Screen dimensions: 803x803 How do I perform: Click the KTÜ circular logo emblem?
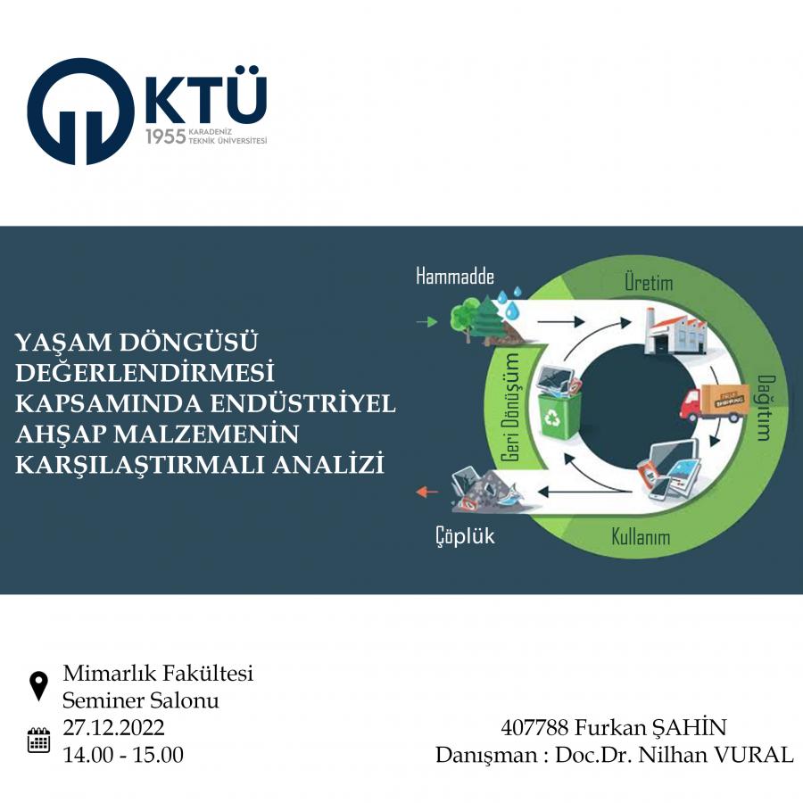click(81, 112)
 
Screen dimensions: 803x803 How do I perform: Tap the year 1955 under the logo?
click(165, 137)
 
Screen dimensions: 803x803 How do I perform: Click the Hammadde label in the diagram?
click(455, 277)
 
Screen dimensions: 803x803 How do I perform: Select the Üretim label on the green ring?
click(649, 282)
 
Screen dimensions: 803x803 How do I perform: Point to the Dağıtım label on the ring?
click(766, 408)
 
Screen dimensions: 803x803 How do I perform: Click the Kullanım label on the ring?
click(641, 537)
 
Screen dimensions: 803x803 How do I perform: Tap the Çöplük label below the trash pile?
click(465, 536)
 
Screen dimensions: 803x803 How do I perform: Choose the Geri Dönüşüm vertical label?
click(509, 407)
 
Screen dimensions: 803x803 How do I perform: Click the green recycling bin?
click(559, 415)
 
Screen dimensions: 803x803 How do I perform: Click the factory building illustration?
click(675, 331)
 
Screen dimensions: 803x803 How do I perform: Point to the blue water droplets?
click(509, 302)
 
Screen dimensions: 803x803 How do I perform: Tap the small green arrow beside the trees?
click(426, 322)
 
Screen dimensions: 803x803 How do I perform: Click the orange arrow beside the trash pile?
click(426, 493)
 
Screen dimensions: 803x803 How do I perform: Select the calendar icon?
click(38, 740)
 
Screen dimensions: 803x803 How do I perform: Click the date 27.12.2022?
click(113, 728)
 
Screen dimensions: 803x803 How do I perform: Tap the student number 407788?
click(534, 728)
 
